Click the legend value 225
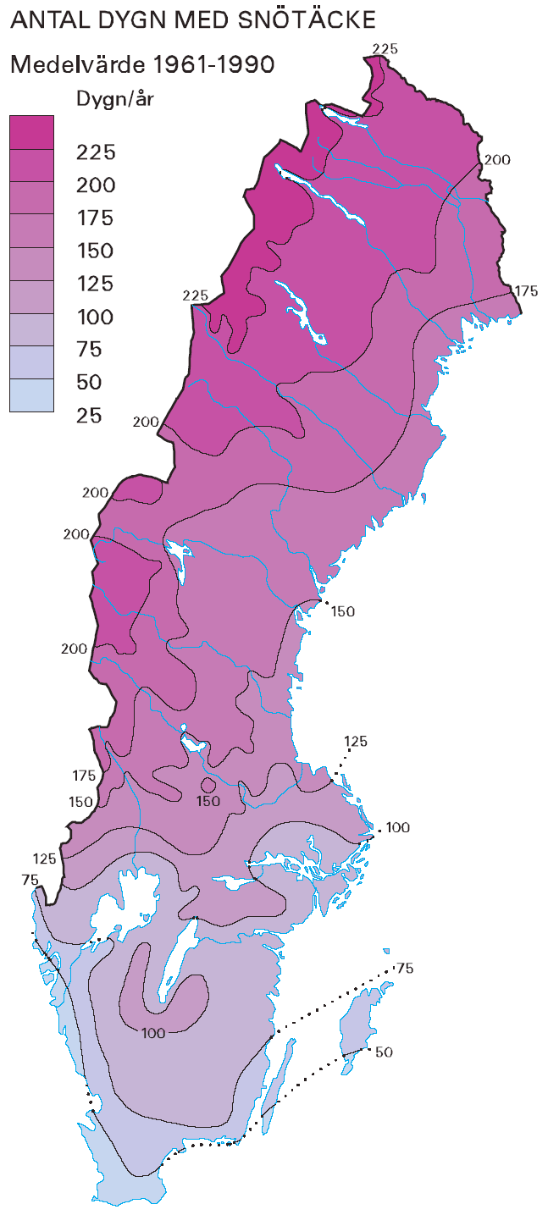pyautogui.click(x=97, y=152)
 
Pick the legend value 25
pyautogui.click(x=89, y=415)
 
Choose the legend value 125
pyautogui.click(x=97, y=284)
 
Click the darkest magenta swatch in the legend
pyautogui.click(x=31, y=132)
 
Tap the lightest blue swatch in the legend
pyautogui.click(x=31, y=395)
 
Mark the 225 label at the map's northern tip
pyautogui.click(x=385, y=49)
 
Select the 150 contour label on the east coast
pyautogui.click(x=343, y=611)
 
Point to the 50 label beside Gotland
pyautogui.click(x=384, y=1052)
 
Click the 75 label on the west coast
pyautogui.click(x=30, y=881)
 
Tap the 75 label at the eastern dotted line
pyautogui.click(x=405, y=969)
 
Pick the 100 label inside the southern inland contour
pyautogui.click(x=153, y=1032)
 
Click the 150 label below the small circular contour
pyautogui.click(x=208, y=801)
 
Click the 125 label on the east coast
pyautogui.click(x=356, y=742)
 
